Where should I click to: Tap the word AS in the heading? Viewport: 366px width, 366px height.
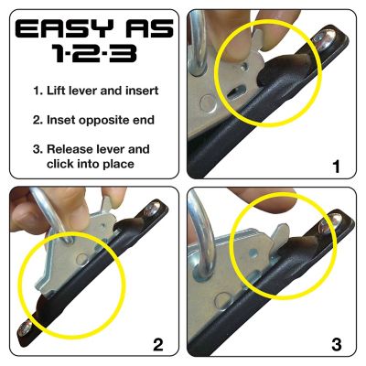pyautogui.click(x=143, y=31)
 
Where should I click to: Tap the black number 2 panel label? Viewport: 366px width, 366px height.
pyautogui.click(x=157, y=345)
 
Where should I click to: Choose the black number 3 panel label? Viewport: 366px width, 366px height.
pyautogui.click(x=336, y=345)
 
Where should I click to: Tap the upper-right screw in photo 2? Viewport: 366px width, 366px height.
pyautogui.click(x=147, y=211)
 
